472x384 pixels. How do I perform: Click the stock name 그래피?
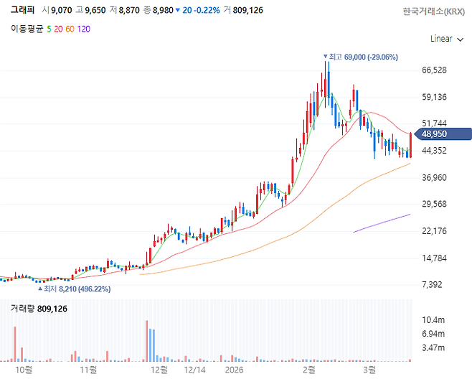click(x=24, y=11)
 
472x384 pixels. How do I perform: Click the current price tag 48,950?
click(x=439, y=134)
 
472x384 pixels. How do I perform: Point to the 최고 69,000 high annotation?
click(x=363, y=57)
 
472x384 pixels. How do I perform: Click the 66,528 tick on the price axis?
click(x=435, y=70)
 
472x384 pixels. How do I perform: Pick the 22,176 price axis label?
click(x=435, y=230)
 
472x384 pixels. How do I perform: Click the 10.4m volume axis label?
click(x=433, y=319)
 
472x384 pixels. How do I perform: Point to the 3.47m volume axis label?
click(x=433, y=348)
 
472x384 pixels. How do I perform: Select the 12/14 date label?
click(x=195, y=370)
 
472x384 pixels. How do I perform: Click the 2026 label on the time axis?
click(x=235, y=370)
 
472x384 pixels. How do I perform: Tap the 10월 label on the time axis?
click(x=24, y=370)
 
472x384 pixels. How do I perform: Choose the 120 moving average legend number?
click(x=84, y=29)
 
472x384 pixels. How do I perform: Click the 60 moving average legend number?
click(x=70, y=29)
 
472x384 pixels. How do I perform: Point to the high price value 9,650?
click(x=96, y=11)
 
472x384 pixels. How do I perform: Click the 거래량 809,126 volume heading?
click(x=39, y=309)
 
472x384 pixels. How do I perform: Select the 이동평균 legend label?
click(x=27, y=29)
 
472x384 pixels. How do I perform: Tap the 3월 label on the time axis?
click(x=369, y=370)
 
